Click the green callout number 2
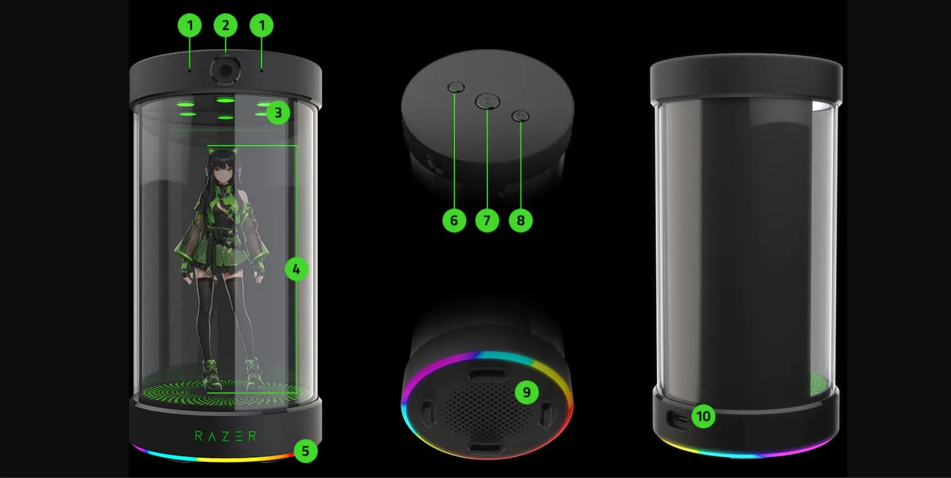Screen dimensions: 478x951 pyautogui.click(x=225, y=25)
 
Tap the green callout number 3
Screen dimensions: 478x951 pyautogui.click(x=278, y=113)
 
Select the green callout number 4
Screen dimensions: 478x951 pyautogui.click(x=296, y=269)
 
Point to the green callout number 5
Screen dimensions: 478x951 pyautogui.click(x=305, y=452)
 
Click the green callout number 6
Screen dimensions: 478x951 pyautogui.click(x=454, y=221)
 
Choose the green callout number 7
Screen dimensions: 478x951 pyautogui.click(x=487, y=221)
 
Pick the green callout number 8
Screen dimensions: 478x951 pyautogui.click(x=520, y=221)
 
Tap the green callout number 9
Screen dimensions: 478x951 pyautogui.click(x=526, y=393)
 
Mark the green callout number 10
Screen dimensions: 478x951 pyautogui.click(x=703, y=416)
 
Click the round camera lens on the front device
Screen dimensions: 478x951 pyautogui.click(x=225, y=70)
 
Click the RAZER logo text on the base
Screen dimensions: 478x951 pyautogui.click(x=225, y=436)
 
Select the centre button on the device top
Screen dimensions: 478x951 pyautogui.click(x=487, y=101)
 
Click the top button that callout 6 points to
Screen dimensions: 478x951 pyautogui.click(x=456, y=87)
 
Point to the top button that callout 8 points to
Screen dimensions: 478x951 pyautogui.click(x=520, y=116)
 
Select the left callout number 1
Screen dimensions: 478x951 pyautogui.click(x=189, y=25)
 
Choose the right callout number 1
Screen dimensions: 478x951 pyautogui.click(x=262, y=25)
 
